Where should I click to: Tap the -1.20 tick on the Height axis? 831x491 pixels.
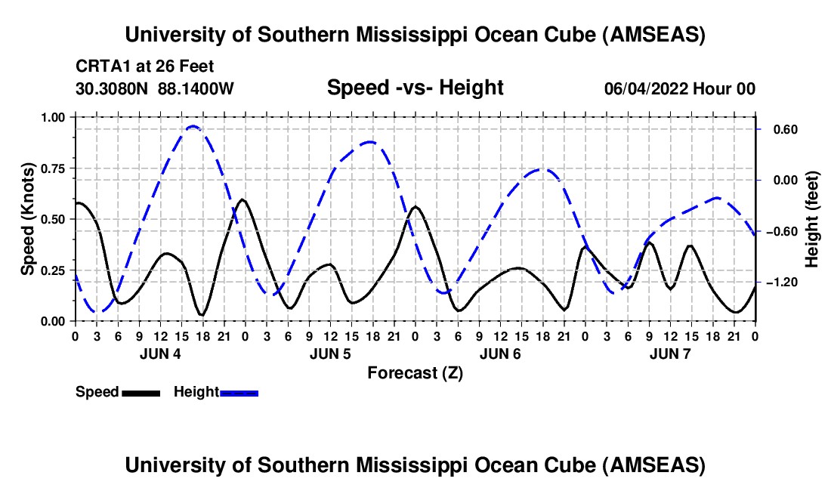[778, 282]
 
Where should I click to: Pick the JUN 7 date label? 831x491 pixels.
[671, 354]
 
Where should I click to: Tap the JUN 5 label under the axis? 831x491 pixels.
[330, 354]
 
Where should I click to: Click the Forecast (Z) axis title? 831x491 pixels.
[415, 372]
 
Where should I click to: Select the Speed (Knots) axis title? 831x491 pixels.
[28, 219]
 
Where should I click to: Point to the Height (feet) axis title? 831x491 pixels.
[811, 219]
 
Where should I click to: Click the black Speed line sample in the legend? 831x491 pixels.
[141, 392]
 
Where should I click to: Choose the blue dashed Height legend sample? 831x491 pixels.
[239, 392]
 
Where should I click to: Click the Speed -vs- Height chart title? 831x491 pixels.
[415, 88]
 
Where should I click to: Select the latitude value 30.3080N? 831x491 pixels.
[113, 89]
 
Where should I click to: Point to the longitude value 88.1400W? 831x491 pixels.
[196, 89]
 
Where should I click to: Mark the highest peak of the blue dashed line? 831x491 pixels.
[193, 126]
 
